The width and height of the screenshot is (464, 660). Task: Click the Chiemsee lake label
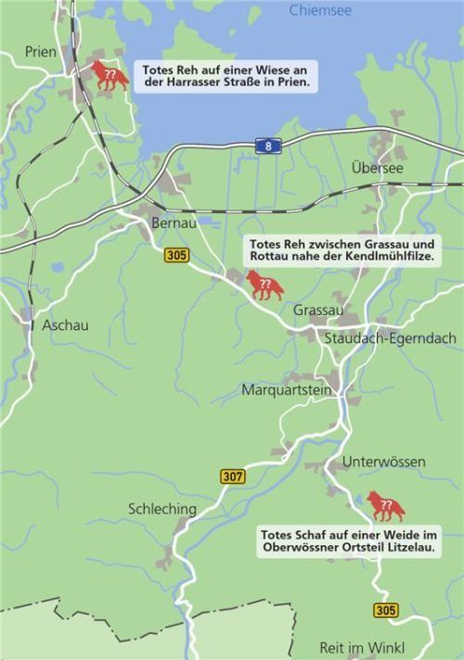(320, 10)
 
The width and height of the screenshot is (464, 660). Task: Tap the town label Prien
(41, 52)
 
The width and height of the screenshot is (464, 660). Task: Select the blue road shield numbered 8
(268, 146)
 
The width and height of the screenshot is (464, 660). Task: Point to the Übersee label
(378, 168)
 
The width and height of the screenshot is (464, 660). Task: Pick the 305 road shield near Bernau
(176, 254)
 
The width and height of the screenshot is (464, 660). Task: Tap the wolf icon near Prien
(110, 76)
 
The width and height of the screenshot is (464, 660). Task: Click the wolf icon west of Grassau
(264, 285)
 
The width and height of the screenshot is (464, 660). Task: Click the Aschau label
(65, 325)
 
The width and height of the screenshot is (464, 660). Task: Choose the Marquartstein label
(287, 390)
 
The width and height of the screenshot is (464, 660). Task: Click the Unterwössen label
(384, 462)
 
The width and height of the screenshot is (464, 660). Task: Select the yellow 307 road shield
(233, 476)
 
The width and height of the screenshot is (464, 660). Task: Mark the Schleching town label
(162, 509)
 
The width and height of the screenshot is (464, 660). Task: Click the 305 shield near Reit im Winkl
(386, 610)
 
